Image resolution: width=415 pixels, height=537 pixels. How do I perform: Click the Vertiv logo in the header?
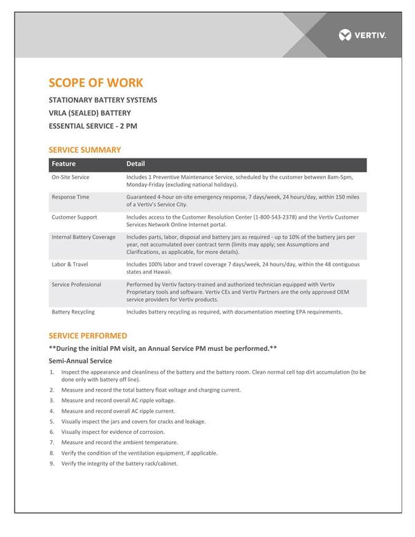pyautogui.click(x=362, y=35)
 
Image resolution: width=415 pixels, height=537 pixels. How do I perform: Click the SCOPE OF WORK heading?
pyautogui.click(x=96, y=83)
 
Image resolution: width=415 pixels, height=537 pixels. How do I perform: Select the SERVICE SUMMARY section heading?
pyautogui.click(x=84, y=149)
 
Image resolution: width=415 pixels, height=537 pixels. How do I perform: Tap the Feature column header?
pyautogui.click(x=64, y=164)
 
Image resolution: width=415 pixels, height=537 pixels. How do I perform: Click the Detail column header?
pyautogui.click(x=136, y=164)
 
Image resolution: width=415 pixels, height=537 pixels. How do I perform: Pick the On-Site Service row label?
pyautogui.click(x=71, y=177)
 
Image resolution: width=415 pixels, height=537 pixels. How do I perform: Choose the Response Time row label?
pyautogui.click(x=71, y=197)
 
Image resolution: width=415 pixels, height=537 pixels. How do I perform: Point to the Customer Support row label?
pyautogui.click(x=74, y=217)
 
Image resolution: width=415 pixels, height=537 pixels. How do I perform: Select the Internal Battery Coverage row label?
pyautogui.click(x=84, y=237)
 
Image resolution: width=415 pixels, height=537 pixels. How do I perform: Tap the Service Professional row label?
pyautogui.click(x=76, y=284)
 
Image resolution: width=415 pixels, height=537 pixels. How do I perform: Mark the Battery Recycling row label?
pyautogui.click(x=73, y=312)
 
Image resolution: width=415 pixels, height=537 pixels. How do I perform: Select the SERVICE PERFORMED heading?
pyautogui.click(x=88, y=336)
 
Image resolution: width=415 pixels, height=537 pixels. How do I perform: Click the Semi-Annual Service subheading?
pyautogui.click(x=80, y=361)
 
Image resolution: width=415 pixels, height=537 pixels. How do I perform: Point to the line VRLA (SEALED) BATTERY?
pyautogui.click(x=89, y=113)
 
